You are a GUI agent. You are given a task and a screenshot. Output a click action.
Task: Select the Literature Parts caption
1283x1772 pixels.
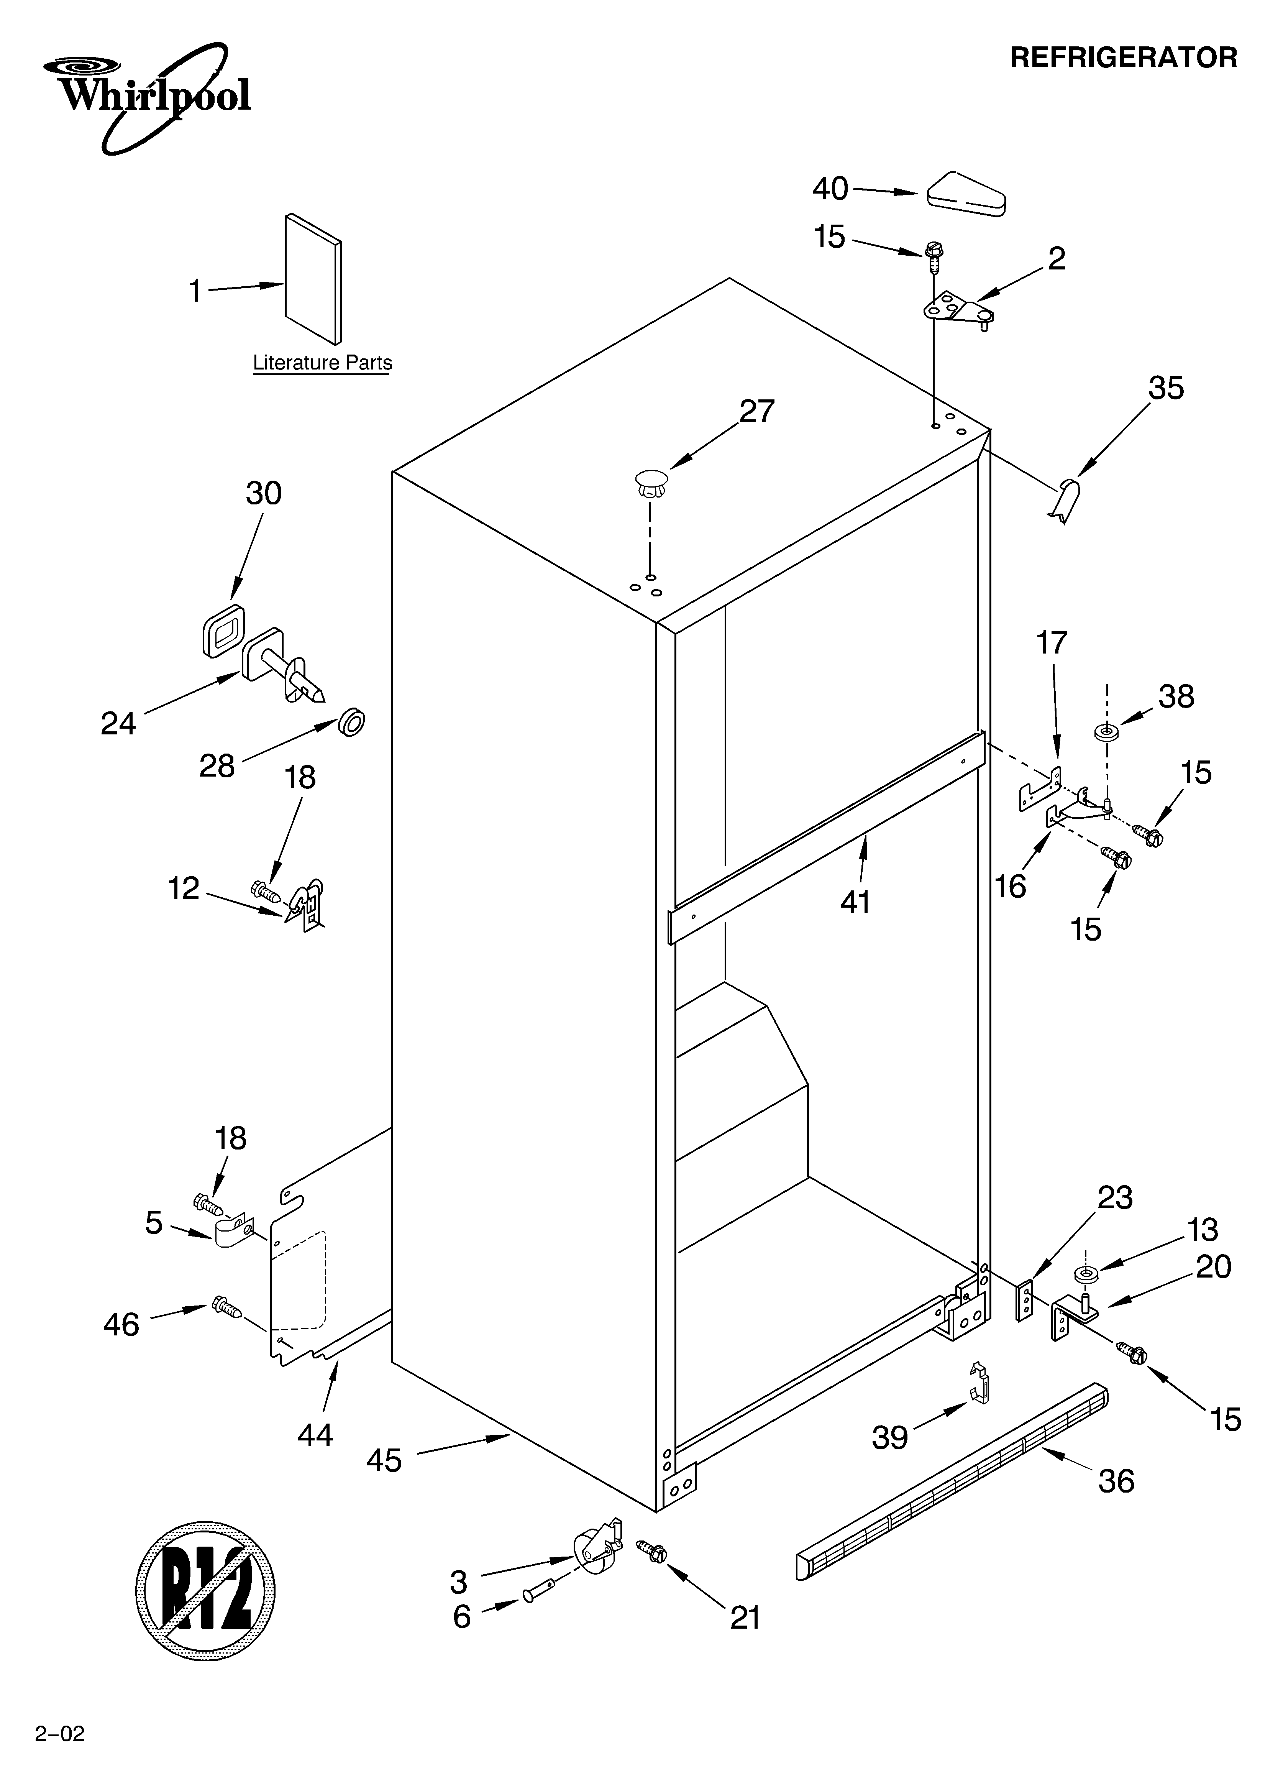pos(322,363)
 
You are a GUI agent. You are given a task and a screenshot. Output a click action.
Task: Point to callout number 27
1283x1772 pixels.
pos(756,411)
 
